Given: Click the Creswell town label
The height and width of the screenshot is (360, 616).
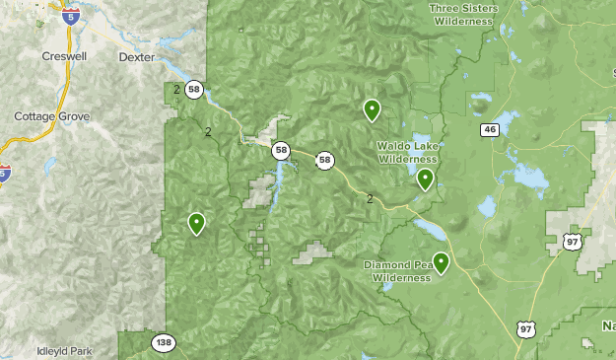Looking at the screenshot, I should tap(64, 56).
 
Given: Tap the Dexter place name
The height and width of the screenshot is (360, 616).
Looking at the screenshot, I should tap(136, 58).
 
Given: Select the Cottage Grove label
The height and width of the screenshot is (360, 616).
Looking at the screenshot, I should tap(51, 116).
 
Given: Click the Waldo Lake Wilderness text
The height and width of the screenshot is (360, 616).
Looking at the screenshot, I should tap(406, 152).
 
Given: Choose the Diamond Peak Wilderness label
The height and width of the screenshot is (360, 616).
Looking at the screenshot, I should tap(398, 271).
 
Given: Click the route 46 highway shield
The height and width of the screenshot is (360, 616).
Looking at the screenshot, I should tap(490, 129).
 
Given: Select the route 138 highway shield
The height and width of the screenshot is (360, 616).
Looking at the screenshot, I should tap(164, 343).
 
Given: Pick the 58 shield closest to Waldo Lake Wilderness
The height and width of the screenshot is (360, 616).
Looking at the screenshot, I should tap(324, 161).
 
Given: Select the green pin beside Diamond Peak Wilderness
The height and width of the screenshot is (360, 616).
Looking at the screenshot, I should tap(441, 261).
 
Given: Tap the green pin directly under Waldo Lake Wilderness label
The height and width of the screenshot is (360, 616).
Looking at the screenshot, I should tap(425, 178).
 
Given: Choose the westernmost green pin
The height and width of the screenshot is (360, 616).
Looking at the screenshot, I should tap(197, 223).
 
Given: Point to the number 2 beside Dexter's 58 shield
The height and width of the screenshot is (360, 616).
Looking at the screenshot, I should tap(176, 90).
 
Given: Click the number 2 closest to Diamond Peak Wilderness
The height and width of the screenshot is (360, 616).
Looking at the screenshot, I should tap(370, 198).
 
